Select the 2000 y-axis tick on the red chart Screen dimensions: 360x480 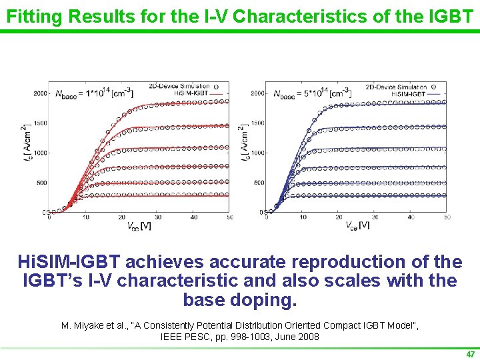39,93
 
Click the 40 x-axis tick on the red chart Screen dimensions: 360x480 194,217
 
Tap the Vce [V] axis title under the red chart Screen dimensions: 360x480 139,226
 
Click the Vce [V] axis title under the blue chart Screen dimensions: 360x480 357,226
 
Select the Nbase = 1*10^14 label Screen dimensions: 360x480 93,93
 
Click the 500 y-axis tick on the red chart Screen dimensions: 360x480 41,183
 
